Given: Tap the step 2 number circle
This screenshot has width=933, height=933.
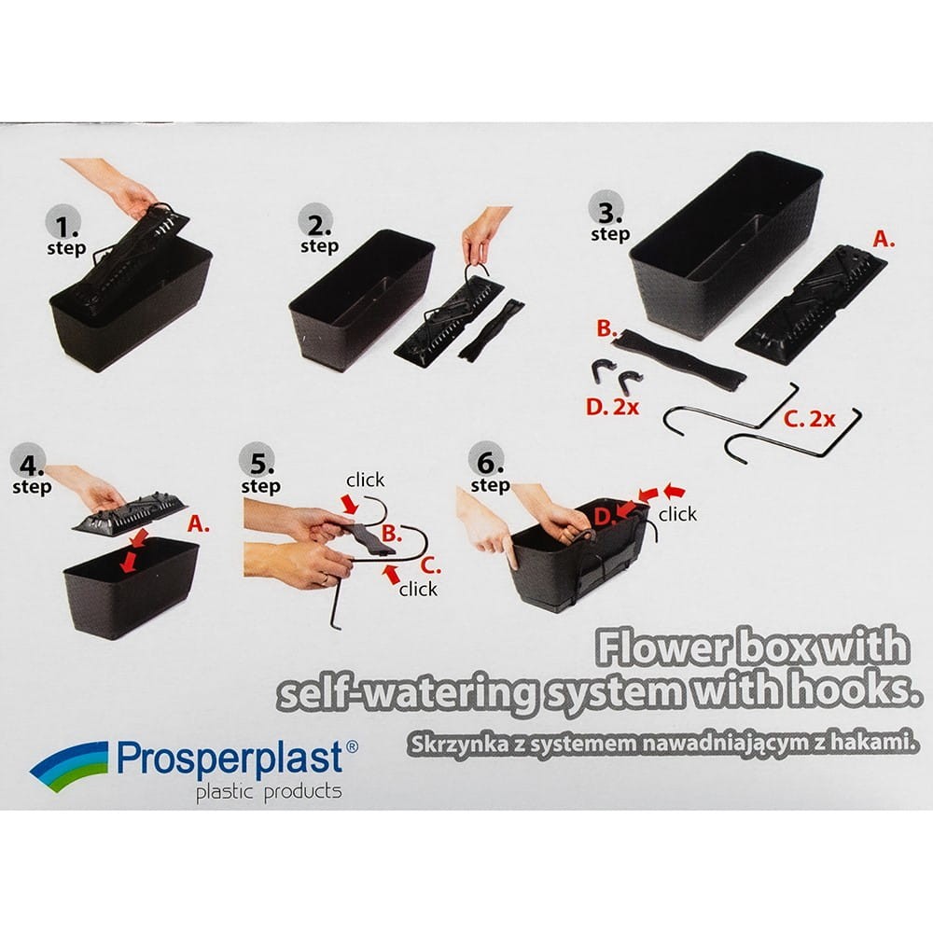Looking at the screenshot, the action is click(x=316, y=221).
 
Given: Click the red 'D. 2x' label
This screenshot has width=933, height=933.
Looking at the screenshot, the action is click(x=612, y=407).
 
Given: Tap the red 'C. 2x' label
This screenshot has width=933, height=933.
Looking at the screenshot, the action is click(x=809, y=419).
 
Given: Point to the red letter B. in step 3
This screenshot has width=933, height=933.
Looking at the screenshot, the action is click(x=606, y=328).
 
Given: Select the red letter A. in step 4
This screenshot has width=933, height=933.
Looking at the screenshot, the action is click(x=198, y=523).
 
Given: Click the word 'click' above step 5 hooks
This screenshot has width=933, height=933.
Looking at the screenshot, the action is click(x=366, y=480).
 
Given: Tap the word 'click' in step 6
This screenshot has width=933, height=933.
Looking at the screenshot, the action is click(x=677, y=513).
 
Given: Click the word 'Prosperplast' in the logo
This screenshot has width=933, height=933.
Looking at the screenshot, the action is click(x=230, y=758).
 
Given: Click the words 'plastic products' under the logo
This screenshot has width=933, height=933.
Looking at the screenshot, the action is click(x=269, y=792).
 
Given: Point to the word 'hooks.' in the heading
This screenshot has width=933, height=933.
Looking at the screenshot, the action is click(x=851, y=690).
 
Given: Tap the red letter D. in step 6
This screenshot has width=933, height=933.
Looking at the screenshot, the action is click(x=604, y=517).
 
